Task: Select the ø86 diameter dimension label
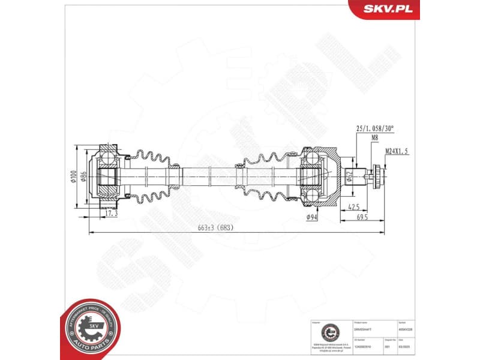84,178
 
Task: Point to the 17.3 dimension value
111,213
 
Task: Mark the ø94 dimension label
311,217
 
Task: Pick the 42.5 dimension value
353,207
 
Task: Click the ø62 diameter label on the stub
349,177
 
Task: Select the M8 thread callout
375,137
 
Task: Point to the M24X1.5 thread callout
396,151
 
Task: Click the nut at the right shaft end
377,177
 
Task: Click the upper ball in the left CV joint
108,158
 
